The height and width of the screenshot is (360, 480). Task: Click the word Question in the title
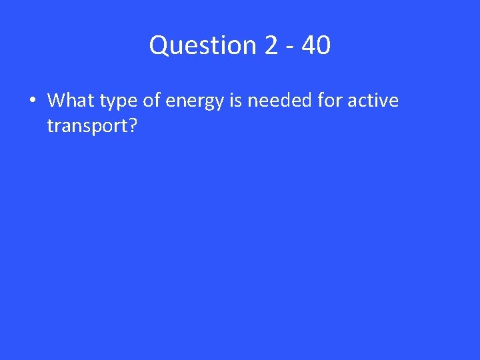coord(203,45)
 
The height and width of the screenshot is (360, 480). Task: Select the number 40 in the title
coord(316,45)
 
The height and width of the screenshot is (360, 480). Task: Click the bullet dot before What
coord(31,101)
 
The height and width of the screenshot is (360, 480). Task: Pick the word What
coord(70,101)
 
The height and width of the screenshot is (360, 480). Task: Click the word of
coord(151,101)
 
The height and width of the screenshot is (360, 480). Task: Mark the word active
coord(373,101)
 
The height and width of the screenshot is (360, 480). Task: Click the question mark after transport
coord(131,125)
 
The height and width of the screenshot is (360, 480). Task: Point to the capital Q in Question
coord(159,45)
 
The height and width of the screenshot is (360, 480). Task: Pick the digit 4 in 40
coord(309,45)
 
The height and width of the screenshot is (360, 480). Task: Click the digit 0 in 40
coord(323,45)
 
